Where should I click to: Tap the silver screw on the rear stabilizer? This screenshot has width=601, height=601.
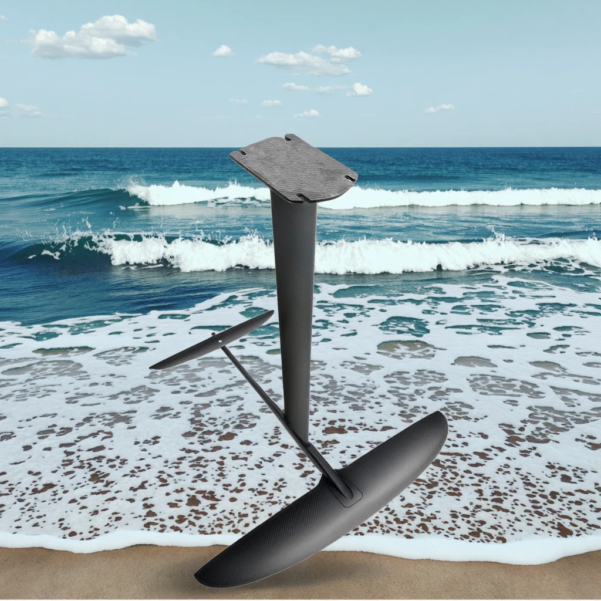[220, 340]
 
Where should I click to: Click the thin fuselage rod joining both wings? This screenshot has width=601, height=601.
[276, 411]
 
